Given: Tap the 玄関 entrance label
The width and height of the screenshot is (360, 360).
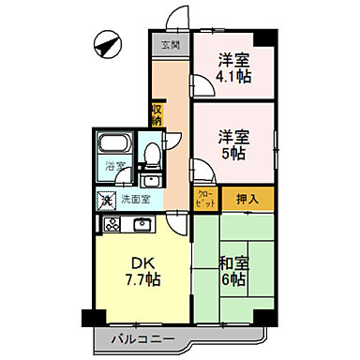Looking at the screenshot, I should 170,44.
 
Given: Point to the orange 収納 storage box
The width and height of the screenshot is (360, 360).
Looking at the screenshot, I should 156,114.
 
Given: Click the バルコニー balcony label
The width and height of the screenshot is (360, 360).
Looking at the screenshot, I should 136,338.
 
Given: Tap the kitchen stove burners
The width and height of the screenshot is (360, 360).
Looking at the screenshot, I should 112,224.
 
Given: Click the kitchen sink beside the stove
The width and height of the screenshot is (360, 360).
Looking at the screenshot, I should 142,224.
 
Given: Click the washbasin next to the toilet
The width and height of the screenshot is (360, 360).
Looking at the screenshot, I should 150,178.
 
